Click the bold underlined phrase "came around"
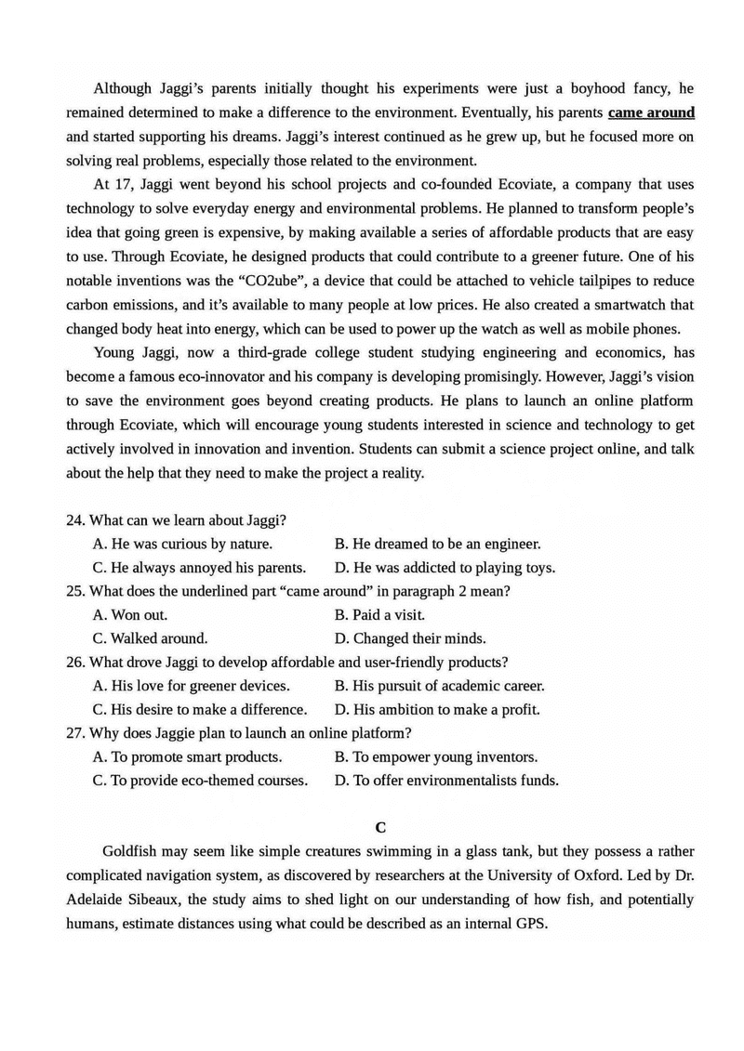651,112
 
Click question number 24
75,519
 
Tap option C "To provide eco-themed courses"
200,781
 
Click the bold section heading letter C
379,826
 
